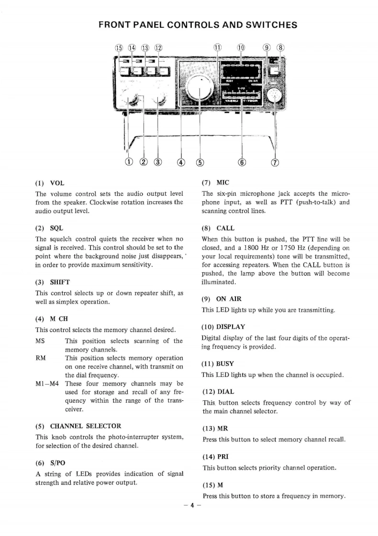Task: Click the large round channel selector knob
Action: pyautogui.click(x=200, y=87)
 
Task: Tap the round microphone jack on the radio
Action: pyautogui.click(x=275, y=95)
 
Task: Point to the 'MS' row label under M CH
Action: pyautogui.click(x=41, y=341)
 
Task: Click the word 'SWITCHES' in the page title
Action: pyautogui.click(x=262, y=25)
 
